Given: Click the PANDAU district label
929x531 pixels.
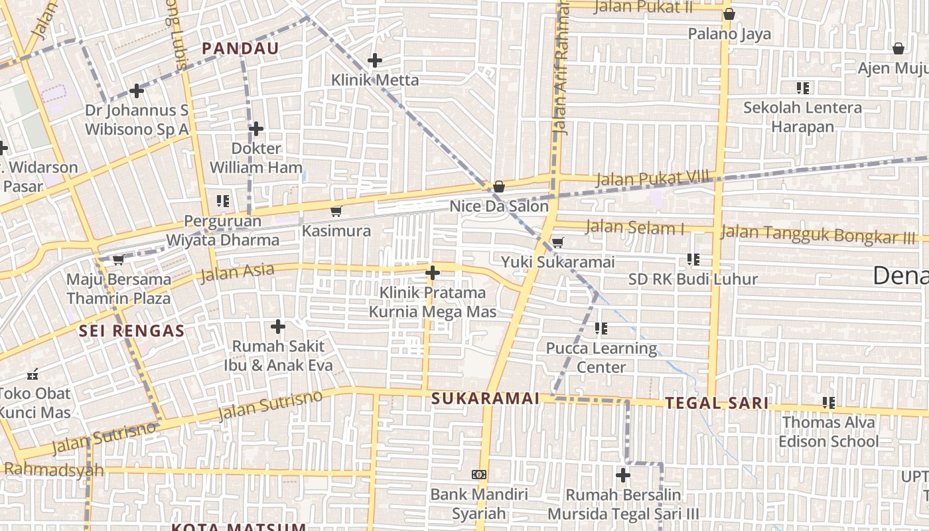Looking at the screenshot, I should pyautogui.click(x=240, y=48).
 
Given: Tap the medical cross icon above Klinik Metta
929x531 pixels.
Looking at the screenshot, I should pyautogui.click(x=375, y=60).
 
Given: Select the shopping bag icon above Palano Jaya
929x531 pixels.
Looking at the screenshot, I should pyautogui.click(x=729, y=14).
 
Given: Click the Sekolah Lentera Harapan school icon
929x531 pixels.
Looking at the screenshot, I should pyautogui.click(x=803, y=88).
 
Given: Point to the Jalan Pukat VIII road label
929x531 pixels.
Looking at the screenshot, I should pyautogui.click(x=652, y=179).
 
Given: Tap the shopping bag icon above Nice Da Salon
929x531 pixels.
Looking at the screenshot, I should pyautogui.click(x=499, y=187).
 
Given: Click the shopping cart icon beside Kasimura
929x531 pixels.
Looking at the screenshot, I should pyautogui.click(x=336, y=211).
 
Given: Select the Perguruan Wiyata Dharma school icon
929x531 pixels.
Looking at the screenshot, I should pyautogui.click(x=223, y=200).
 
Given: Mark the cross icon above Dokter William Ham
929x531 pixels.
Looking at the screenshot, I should pyautogui.click(x=256, y=129).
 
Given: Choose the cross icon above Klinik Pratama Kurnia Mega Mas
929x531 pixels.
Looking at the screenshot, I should pyautogui.click(x=433, y=272).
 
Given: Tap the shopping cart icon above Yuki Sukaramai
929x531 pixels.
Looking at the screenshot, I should pyautogui.click(x=558, y=242).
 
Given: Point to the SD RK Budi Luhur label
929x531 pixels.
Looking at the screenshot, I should pyautogui.click(x=693, y=279).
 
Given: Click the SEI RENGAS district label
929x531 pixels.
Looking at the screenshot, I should pyautogui.click(x=131, y=331).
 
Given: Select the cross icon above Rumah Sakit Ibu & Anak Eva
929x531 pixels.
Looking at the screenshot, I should pyautogui.click(x=278, y=327).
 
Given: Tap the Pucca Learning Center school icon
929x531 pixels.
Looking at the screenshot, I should pyautogui.click(x=601, y=328).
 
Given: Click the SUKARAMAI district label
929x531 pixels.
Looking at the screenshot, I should pyautogui.click(x=485, y=398).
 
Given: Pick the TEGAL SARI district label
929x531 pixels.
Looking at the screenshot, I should pyautogui.click(x=717, y=403).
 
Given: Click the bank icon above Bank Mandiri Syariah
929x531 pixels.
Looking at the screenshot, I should pyautogui.click(x=479, y=475).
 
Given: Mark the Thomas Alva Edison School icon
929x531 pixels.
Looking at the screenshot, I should pyautogui.click(x=829, y=402).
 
